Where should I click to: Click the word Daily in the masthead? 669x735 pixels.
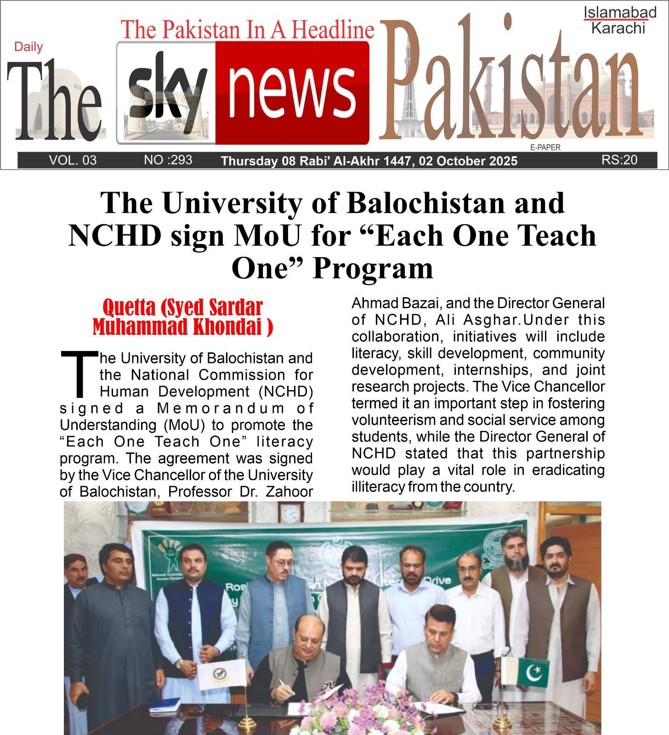pyautogui.click(x=28, y=47)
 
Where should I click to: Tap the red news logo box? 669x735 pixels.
pyautogui.click(x=292, y=92)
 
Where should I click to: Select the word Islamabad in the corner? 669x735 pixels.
pyautogui.click(x=620, y=13)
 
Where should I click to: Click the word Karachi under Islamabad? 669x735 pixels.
pyautogui.click(x=618, y=28)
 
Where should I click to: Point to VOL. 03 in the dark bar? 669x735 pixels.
pyautogui.click(x=73, y=160)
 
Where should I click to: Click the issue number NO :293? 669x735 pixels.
pyautogui.click(x=168, y=160)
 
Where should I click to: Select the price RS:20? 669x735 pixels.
pyautogui.click(x=619, y=160)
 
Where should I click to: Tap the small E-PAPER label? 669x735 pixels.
pyautogui.click(x=545, y=147)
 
